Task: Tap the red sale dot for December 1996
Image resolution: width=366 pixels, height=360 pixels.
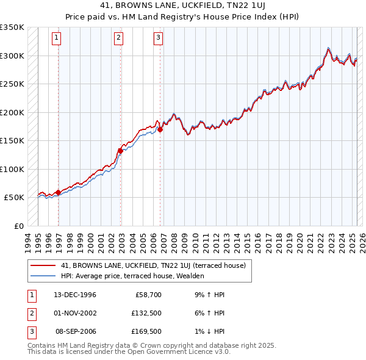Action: pyautogui.click(x=59, y=192)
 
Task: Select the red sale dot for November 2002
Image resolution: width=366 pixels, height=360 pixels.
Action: pyautogui.click(x=121, y=150)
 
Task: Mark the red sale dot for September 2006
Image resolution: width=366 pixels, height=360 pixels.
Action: pyautogui.click(x=160, y=129)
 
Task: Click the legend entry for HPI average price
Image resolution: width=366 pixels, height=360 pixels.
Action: pyautogui.click(x=132, y=276)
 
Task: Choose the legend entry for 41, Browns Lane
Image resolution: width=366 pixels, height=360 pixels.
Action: pyautogui.click(x=153, y=265)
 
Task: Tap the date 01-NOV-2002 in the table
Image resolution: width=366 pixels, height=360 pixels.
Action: pyautogui.click(x=75, y=314)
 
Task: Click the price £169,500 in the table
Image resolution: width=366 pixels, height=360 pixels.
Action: pyautogui.click(x=147, y=332)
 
